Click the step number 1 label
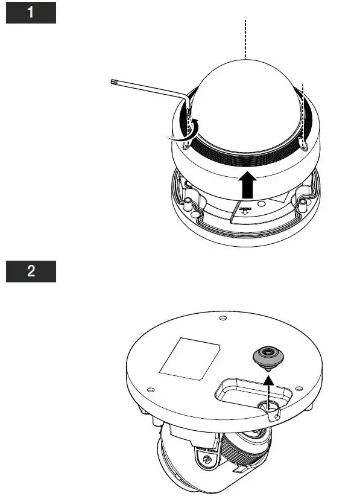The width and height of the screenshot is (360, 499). pyautogui.click(x=31, y=12)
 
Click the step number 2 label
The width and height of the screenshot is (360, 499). pyautogui.click(x=31, y=271)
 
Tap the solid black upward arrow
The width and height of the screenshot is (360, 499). pyautogui.click(x=245, y=185)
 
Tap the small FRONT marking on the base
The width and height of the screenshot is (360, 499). pyautogui.click(x=246, y=212)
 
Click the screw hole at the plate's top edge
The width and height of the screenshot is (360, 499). pyautogui.click(x=223, y=317)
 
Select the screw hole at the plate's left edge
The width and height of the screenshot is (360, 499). pyautogui.click(x=150, y=390)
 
